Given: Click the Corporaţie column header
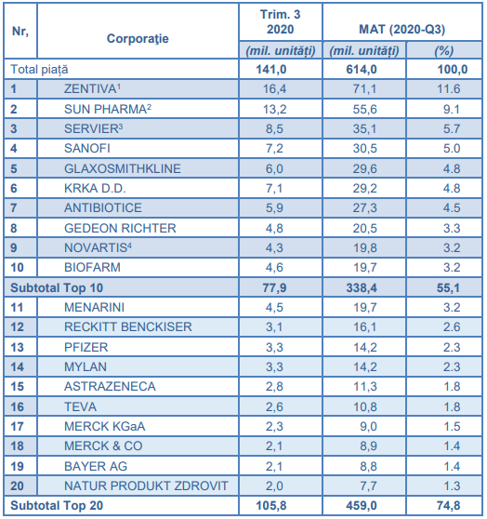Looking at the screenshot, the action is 138,39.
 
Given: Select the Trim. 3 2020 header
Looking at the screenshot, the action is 281,21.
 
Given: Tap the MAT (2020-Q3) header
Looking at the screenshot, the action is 402,30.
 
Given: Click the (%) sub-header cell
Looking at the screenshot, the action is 443,51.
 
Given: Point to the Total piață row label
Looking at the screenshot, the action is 39,70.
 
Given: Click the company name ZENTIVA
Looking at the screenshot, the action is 90,88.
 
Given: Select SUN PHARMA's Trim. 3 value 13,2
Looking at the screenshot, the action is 274,109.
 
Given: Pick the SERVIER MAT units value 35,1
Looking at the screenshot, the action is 364,128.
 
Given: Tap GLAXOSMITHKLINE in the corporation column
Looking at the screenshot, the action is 123,168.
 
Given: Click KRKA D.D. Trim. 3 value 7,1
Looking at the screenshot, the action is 274,188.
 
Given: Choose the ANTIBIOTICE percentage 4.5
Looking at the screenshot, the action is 452,207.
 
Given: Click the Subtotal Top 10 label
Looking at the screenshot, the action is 57,288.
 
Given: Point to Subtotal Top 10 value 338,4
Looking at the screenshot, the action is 362,288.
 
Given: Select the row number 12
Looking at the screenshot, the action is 18,327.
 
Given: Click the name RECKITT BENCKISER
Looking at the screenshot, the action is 128,327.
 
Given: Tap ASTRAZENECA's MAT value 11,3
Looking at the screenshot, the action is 365,386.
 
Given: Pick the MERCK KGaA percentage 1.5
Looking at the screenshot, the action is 452,426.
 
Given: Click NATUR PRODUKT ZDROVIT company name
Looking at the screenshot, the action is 146,486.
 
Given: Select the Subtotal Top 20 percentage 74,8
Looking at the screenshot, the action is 448,505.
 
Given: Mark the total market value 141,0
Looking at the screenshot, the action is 271,70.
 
